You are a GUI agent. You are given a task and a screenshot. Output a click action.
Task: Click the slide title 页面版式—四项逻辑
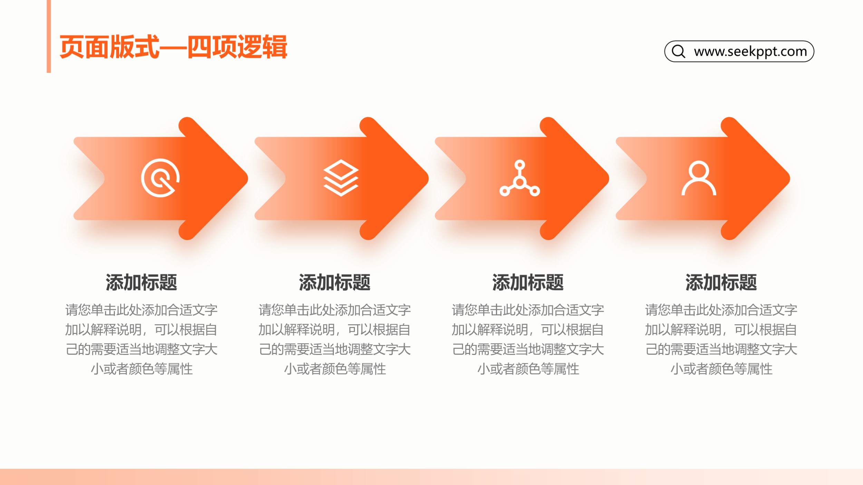click(173, 47)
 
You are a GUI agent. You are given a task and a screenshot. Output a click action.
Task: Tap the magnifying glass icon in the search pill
click(678, 51)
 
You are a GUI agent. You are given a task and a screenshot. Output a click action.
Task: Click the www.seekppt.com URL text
click(750, 51)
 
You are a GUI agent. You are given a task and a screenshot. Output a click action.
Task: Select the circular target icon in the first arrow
click(161, 178)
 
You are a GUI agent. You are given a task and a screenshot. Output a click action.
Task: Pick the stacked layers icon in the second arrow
click(341, 178)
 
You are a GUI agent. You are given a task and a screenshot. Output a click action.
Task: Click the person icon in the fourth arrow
click(699, 178)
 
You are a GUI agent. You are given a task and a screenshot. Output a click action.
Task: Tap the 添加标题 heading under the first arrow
click(142, 283)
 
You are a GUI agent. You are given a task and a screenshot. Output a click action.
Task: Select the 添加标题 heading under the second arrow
click(335, 283)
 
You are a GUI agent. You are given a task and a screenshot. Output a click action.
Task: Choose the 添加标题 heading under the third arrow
click(528, 283)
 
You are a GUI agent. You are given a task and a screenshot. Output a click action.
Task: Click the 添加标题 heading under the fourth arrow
click(721, 283)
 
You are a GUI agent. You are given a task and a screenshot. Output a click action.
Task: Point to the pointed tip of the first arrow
click(248, 178)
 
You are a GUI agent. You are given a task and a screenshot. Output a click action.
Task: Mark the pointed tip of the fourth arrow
click(790, 178)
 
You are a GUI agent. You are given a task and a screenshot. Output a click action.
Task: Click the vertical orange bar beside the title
click(49, 36)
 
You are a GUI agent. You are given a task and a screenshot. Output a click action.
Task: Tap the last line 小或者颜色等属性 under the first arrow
click(142, 369)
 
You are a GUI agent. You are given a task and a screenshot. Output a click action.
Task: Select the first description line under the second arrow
click(335, 310)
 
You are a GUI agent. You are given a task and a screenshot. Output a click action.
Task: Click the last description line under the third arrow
click(528, 369)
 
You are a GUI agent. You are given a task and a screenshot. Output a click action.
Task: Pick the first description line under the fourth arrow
click(721, 310)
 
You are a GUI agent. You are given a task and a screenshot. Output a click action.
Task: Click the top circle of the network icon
click(520, 165)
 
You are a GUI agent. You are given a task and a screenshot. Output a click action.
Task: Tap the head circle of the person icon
click(699, 170)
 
